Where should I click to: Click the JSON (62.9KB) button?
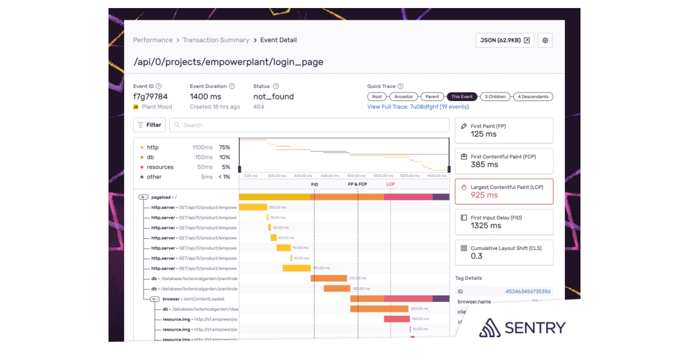click(505, 40)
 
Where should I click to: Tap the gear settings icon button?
click(545, 40)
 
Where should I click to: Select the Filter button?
click(149, 125)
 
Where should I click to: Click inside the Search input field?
click(310, 125)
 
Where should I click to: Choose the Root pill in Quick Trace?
click(377, 96)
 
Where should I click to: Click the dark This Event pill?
click(462, 96)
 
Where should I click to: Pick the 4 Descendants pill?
click(533, 96)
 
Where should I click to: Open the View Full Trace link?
click(418, 107)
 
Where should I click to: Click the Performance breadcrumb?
click(153, 40)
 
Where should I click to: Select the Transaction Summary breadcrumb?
click(216, 40)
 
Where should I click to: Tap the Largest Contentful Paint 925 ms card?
click(504, 191)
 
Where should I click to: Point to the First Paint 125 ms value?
click(483, 134)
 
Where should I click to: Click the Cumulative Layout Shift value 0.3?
click(477, 256)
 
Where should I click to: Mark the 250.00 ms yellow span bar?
click(253, 207)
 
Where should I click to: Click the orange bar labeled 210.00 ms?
click(329, 278)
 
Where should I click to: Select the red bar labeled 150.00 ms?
click(397, 319)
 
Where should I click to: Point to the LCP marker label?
click(390, 184)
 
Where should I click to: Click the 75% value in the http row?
click(224, 148)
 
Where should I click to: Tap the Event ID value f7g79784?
click(150, 96)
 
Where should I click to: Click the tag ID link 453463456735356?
click(528, 292)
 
